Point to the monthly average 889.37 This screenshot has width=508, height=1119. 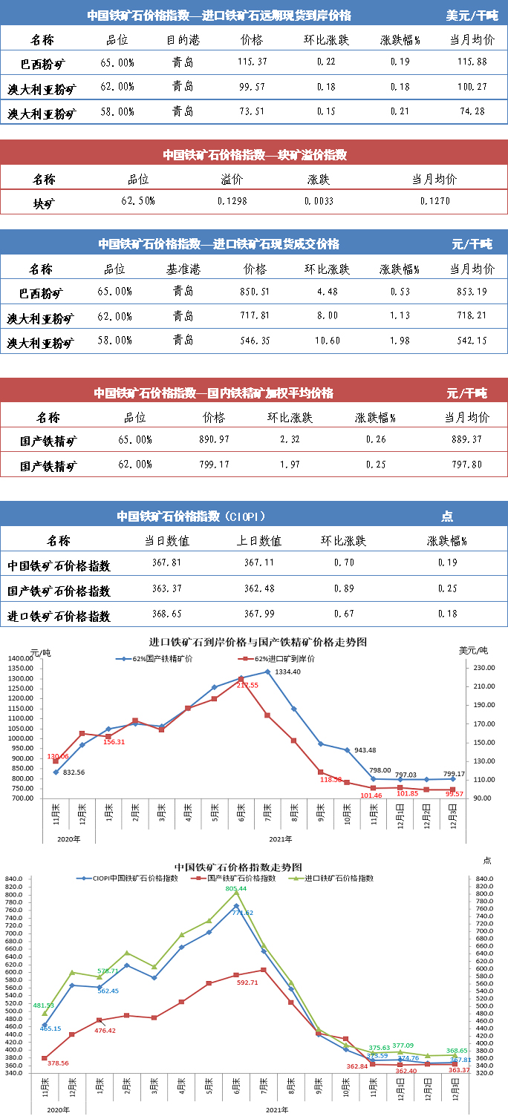click(466, 439)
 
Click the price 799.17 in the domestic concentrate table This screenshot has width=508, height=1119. click(214, 465)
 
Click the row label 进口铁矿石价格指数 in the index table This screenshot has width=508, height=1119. click(59, 616)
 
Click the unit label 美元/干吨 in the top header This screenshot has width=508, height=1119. click(472, 15)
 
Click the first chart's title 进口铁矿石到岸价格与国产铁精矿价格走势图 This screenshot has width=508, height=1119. click(258, 642)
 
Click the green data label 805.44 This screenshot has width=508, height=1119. click(235, 888)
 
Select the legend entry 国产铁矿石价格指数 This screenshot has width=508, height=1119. click(240, 878)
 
